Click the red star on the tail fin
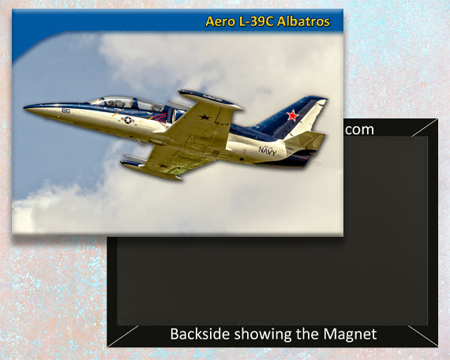point(293,115)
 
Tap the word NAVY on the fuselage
point(268,150)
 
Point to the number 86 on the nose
point(66,111)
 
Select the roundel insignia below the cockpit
point(127,120)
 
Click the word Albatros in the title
point(300,21)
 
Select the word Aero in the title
point(220,21)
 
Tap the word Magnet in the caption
point(352,334)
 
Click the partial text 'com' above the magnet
point(359,129)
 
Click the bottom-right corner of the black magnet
point(437,346)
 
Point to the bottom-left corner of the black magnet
point(109,346)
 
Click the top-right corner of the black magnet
point(437,120)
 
